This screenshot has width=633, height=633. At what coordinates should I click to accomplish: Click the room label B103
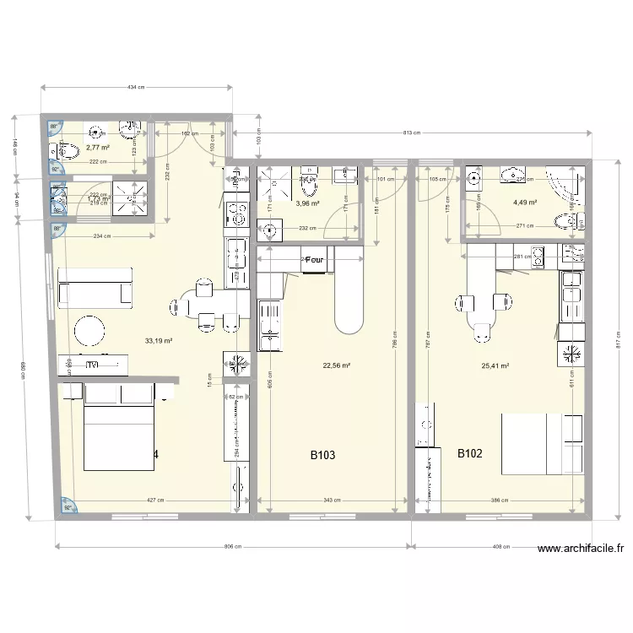click(323, 455)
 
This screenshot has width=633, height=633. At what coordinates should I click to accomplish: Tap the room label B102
click(470, 453)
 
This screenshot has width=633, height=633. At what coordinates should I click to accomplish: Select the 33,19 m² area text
click(159, 341)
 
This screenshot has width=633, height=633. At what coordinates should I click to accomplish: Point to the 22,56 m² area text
click(336, 365)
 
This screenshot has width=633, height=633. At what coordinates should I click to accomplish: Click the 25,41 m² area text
click(495, 366)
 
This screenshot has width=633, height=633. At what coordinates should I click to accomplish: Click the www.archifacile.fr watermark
click(580, 548)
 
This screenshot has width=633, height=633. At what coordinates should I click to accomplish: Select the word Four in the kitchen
click(315, 261)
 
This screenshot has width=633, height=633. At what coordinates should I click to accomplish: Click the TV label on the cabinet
click(92, 365)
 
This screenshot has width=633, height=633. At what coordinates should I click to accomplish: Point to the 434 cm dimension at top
click(136, 88)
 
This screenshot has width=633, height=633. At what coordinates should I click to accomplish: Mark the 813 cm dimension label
click(412, 133)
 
